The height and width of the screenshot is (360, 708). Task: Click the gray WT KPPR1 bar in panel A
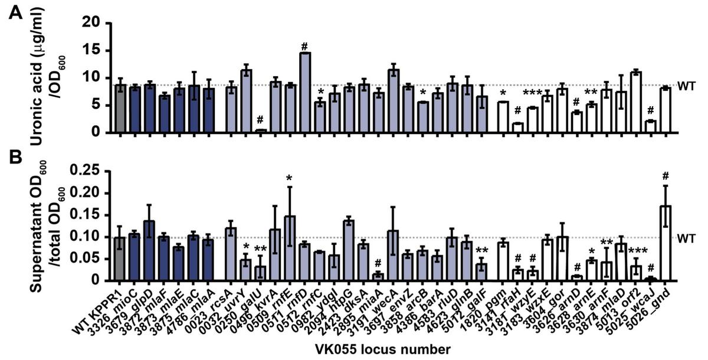click(x=120, y=109)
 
